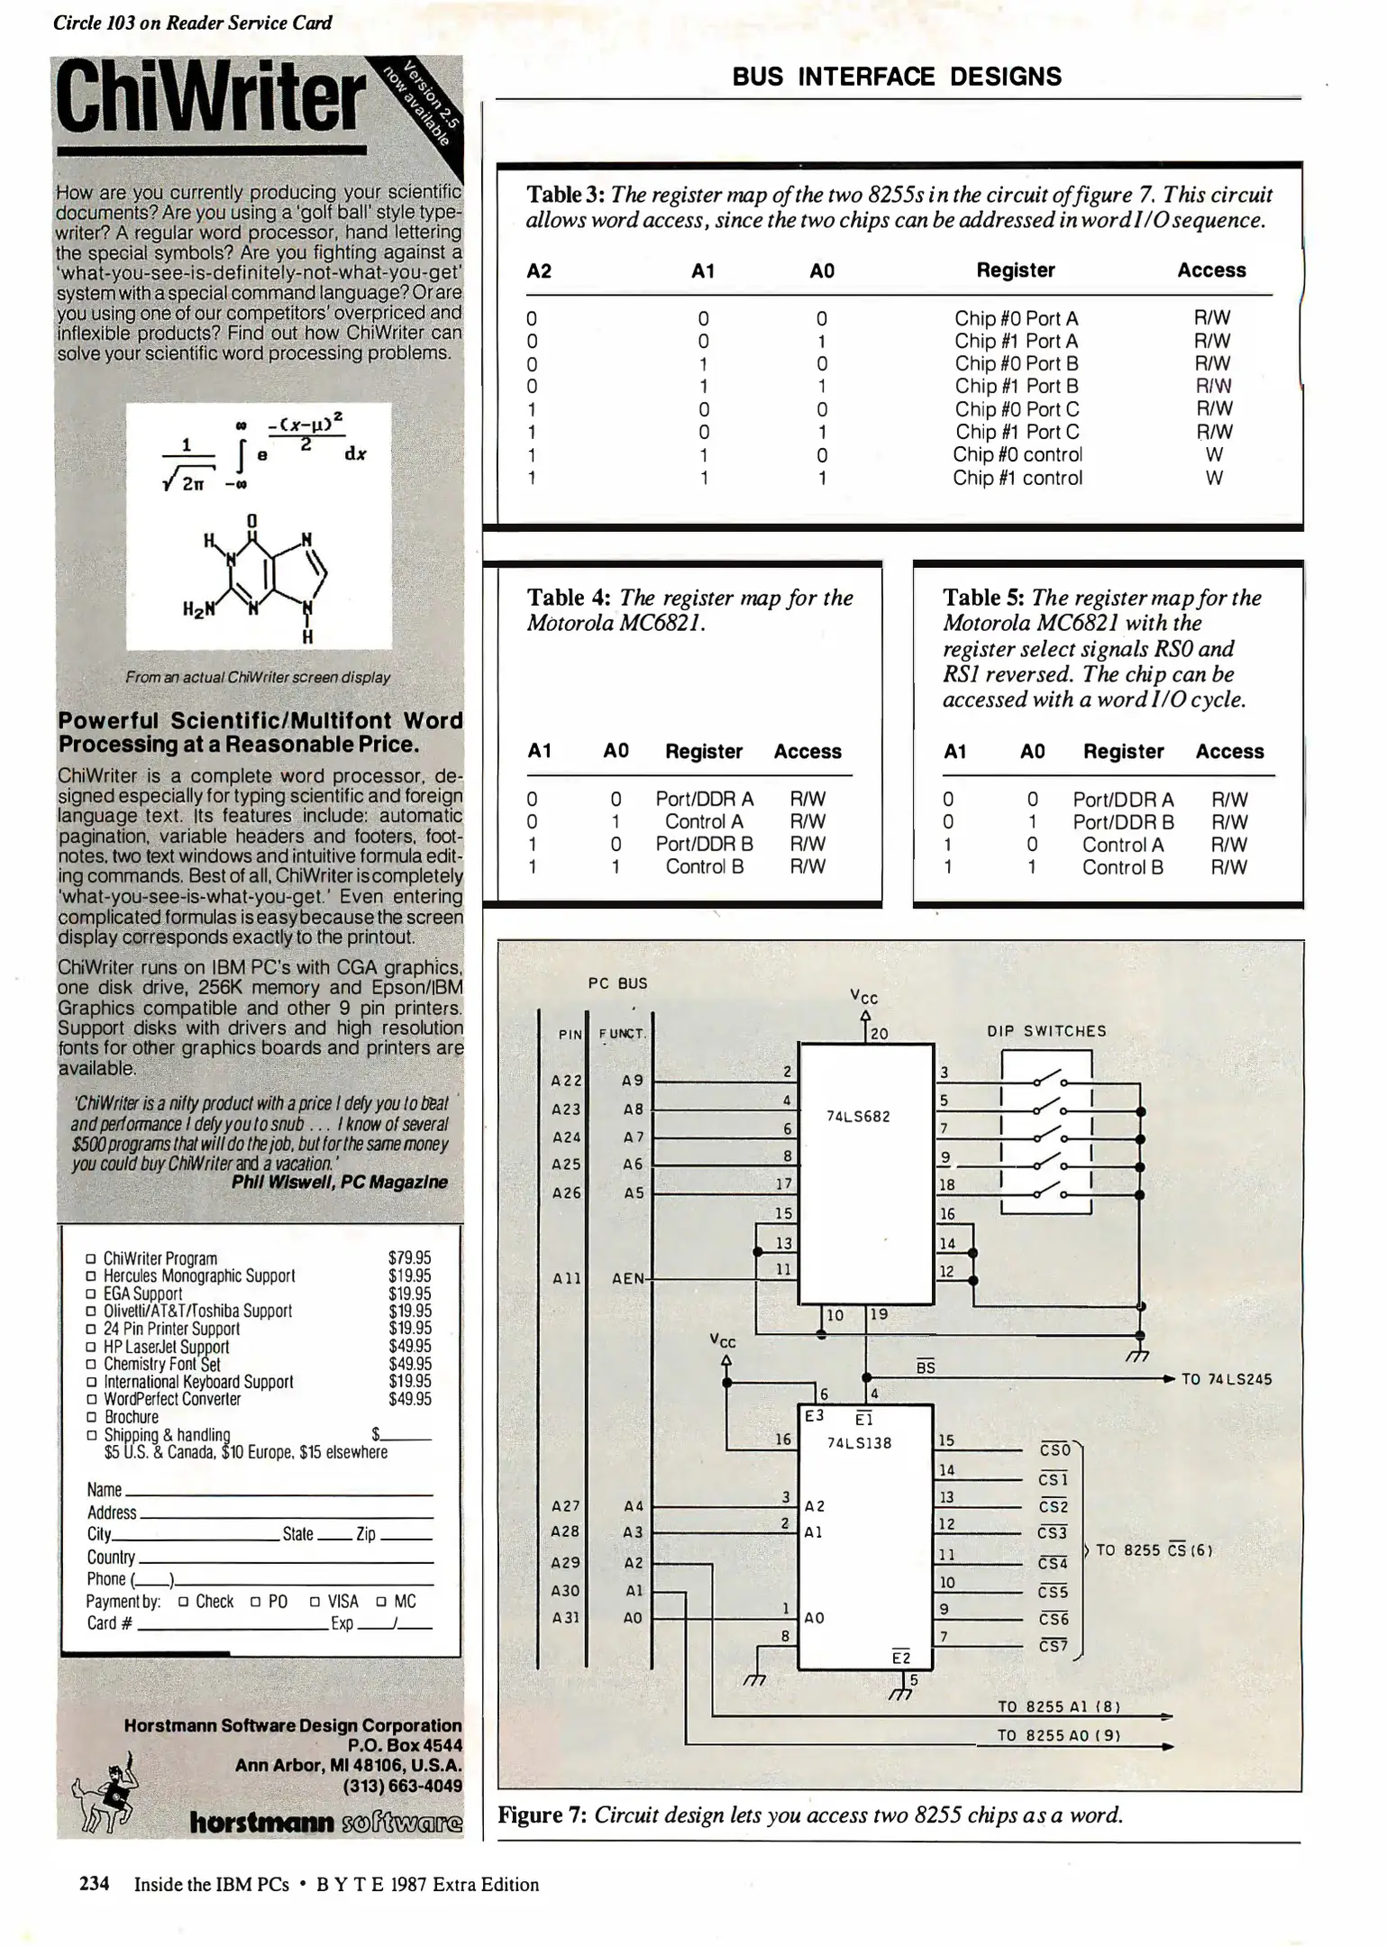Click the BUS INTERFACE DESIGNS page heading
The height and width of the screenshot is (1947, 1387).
(x=896, y=77)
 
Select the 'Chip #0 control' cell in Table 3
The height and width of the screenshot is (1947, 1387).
(x=1017, y=455)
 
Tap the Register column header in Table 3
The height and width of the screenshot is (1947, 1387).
(x=1015, y=270)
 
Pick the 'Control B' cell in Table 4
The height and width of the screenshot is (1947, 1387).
(x=704, y=867)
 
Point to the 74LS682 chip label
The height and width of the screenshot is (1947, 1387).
(x=857, y=1117)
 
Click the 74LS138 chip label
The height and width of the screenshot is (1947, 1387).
(x=859, y=1443)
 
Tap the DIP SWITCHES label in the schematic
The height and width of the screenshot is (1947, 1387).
(x=1045, y=1031)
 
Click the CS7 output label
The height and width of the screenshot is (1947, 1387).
(x=1053, y=1646)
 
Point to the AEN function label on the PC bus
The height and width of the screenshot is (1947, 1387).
(x=629, y=1278)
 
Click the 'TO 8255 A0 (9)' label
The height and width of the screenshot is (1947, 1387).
(x=1058, y=1735)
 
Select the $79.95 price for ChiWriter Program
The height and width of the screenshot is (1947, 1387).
(x=409, y=1257)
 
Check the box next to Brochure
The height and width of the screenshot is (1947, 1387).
(x=91, y=1417)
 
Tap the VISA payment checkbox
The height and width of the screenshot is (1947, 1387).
(x=315, y=1602)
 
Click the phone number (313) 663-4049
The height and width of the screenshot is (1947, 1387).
(x=402, y=1786)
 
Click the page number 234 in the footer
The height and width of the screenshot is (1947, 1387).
(x=95, y=1884)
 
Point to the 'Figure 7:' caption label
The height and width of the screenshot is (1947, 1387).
(x=542, y=1814)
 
